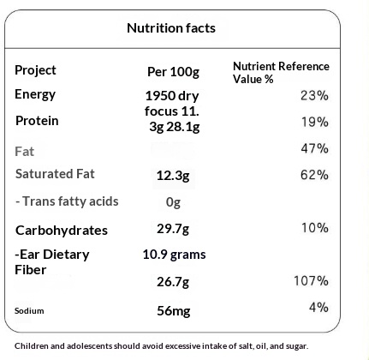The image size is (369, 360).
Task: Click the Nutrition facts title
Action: (x=171, y=28)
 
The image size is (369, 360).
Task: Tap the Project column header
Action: (x=35, y=70)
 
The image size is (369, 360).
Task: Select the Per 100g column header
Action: (x=173, y=72)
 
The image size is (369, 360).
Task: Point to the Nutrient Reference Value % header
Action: (x=281, y=73)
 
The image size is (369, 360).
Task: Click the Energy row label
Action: (x=35, y=94)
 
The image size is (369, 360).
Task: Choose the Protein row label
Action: (x=37, y=121)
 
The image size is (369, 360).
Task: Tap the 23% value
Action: (x=314, y=95)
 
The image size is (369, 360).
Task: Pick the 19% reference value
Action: (x=315, y=122)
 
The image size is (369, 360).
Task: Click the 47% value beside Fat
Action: (x=314, y=148)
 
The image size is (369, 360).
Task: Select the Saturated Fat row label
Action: (x=55, y=174)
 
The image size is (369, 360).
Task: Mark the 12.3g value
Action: (x=173, y=176)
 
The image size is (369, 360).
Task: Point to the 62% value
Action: (x=314, y=175)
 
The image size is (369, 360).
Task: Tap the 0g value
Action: (x=173, y=202)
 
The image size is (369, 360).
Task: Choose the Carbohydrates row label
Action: (x=62, y=231)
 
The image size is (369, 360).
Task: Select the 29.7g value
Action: (x=173, y=229)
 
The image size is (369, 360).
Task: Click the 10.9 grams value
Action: (x=174, y=255)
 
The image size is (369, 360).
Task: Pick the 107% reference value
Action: (x=311, y=280)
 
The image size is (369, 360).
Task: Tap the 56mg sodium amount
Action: (x=174, y=310)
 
